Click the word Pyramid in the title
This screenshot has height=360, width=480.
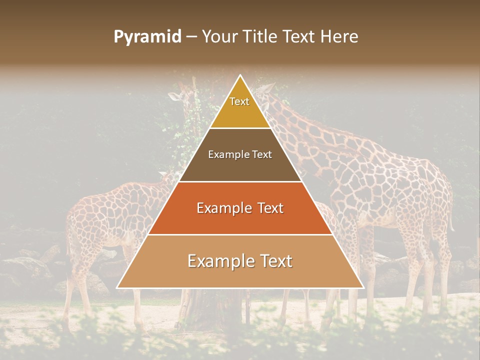pyautogui.click(x=147, y=37)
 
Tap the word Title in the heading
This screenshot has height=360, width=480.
pyautogui.click(x=260, y=37)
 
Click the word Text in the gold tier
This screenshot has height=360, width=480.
pyautogui.click(x=239, y=101)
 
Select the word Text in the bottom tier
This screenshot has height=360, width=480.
pyautogui.click(x=275, y=261)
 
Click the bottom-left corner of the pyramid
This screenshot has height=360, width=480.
pyautogui.click(x=118, y=287)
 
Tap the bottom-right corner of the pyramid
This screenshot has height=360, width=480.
pyautogui.click(x=362, y=287)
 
